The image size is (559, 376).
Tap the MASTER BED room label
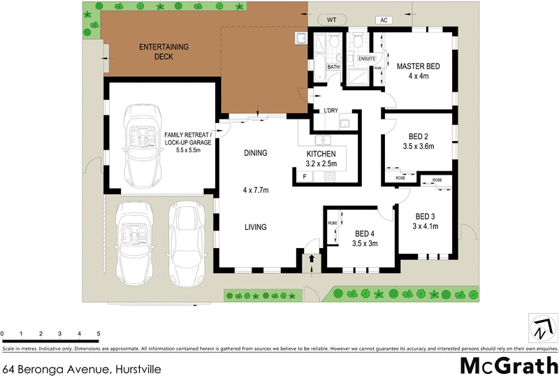(x=418, y=66)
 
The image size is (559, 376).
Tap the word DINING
(x=256, y=153)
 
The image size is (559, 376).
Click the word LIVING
(x=256, y=226)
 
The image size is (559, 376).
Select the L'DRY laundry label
(x=331, y=110)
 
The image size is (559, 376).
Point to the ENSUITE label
(x=367, y=59)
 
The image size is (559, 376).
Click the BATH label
(x=333, y=67)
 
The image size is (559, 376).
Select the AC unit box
(x=384, y=20)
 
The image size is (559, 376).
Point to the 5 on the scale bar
(x=99, y=334)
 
